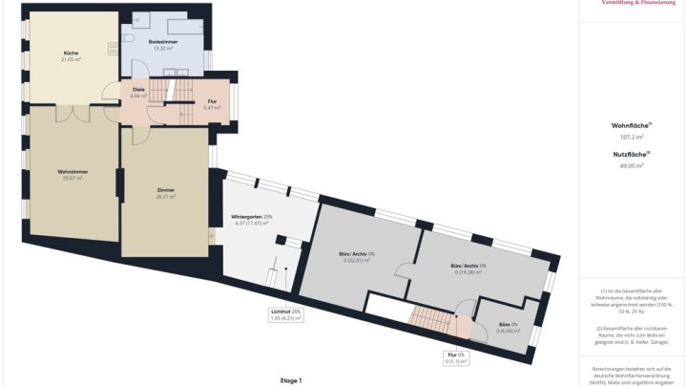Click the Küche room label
click(72, 53)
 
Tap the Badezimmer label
click(163, 43)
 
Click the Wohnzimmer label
click(72, 172)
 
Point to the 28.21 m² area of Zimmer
click(165, 196)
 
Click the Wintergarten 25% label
click(252, 217)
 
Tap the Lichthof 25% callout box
click(286, 314)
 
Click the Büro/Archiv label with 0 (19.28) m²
click(468, 267)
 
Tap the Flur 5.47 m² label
click(213, 103)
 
